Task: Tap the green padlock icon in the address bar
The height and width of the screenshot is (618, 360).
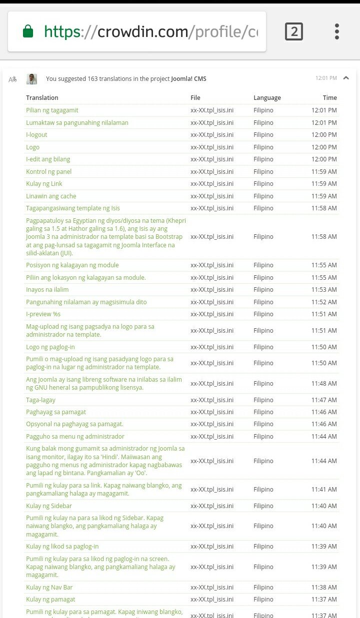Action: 28,32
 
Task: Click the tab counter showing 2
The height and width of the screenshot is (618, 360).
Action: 294,32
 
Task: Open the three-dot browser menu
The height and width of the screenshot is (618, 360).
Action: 337,31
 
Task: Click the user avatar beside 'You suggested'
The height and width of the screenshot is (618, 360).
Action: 31,79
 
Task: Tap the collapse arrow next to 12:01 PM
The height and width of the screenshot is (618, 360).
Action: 346,78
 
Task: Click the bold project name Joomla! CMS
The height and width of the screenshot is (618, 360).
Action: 188,79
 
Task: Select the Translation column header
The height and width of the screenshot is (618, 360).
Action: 42,98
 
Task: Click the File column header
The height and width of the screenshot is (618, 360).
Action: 195,98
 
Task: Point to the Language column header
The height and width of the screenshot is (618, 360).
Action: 267,98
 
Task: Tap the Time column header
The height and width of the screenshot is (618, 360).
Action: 329,98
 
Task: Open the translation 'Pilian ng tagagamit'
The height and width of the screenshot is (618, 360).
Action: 52,110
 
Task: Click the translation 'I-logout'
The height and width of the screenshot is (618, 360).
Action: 36,135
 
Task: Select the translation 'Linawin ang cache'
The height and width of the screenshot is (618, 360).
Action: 51,196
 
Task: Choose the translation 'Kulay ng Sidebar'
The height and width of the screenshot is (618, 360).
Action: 49,506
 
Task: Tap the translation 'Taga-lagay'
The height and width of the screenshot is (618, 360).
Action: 40,400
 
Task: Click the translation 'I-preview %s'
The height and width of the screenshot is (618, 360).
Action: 43,314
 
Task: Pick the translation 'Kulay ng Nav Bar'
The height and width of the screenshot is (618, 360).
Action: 49,588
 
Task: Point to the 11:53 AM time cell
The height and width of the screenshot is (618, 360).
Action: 324,290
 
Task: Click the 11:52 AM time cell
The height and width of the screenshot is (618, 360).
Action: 324,302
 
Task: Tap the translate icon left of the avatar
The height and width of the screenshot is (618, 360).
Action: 12,79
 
